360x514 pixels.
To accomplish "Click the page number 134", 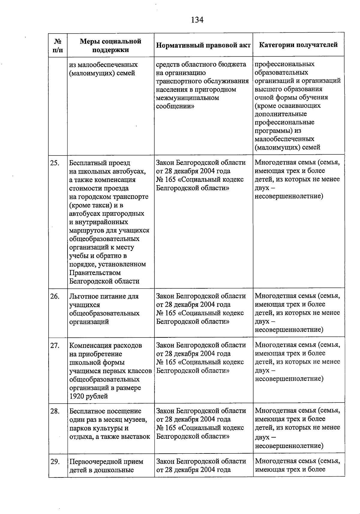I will pyautogui.click(x=197, y=20).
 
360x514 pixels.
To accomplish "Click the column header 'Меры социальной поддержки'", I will pyautogui.click(x=110, y=45).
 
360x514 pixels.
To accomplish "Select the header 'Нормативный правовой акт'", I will pyautogui.click(x=203, y=45).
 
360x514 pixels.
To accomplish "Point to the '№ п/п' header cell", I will pyautogui.click(x=58, y=45).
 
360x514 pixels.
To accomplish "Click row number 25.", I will pyautogui.click(x=55, y=163).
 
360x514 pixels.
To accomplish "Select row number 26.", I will pyautogui.click(x=55, y=296).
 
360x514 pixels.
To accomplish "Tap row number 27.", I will pyautogui.click(x=55, y=346).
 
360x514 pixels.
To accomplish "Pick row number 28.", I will pyautogui.click(x=55, y=411).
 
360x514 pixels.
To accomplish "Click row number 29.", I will pyautogui.click(x=55, y=462).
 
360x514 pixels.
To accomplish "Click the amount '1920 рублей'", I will pyautogui.click(x=88, y=396).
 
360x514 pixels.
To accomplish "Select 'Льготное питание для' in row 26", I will pyautogui.click(x=104, y=296).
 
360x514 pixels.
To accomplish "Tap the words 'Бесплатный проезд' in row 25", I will pyautogui.click(x=100, y=163).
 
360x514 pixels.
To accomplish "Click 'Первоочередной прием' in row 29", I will pyautogui.click(x=106, y=462).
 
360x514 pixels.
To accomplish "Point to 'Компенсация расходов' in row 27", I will pyautogui.click(x=105, y=346).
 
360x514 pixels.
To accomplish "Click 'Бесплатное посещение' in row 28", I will pyautogui.click(x=105, y=411).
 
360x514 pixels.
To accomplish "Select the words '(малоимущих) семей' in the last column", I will pyautogui.click(x=287, y=147).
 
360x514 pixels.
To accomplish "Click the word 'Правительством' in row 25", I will pyautogui.click(x=95, y=273).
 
